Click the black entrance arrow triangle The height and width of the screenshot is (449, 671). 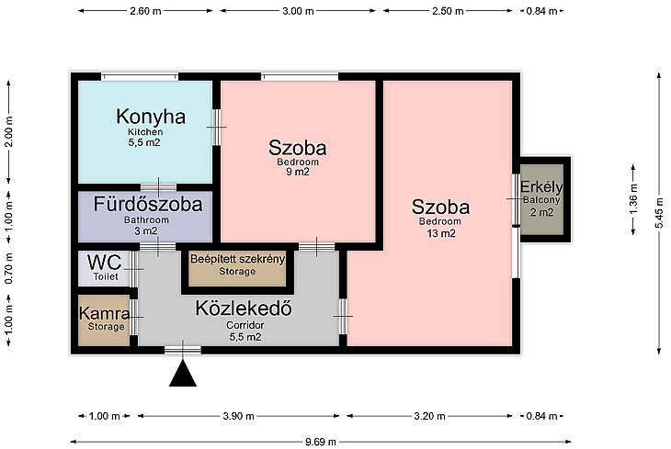tap(183, 375)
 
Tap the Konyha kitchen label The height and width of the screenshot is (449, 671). tap(151, 117)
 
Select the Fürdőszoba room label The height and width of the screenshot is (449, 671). tap(148, 204)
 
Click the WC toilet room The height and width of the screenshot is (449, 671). tap(104, 268)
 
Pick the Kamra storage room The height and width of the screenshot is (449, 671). tap(104, 320)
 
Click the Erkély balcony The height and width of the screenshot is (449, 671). tap(541, 199)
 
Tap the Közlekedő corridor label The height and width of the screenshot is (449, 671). tap(244, 309)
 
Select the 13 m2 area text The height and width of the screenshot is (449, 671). tap(441, 233)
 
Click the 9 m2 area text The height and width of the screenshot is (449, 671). tap(298, 172)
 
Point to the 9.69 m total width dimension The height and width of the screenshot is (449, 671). tap(321, 442)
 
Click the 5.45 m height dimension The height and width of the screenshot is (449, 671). tap(659, 214)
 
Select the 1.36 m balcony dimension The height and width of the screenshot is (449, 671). tap(633, 198)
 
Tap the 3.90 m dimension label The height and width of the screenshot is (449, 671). tap(238, 416)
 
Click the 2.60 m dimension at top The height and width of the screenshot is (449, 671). tap(145, 11)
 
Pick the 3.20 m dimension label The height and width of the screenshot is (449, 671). tap(429, 416)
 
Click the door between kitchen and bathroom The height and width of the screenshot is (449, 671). tap(158, 187)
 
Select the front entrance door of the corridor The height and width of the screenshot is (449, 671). tap(183, 350)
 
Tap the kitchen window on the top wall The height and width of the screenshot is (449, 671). tap(140, 77)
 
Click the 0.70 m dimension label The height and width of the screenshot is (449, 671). tap(9, 268)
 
